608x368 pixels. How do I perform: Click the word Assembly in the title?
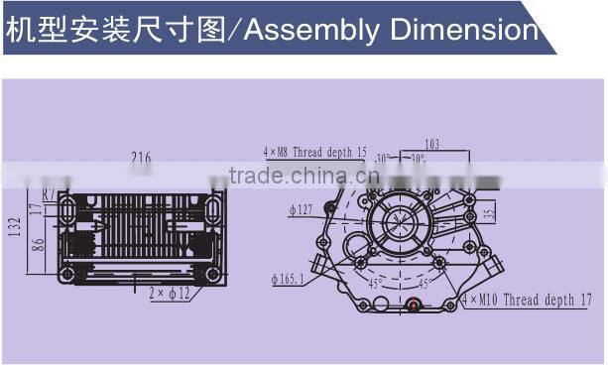(309, 30)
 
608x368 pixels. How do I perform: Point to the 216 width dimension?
(140, 157)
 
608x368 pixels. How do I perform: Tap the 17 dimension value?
(37, 209)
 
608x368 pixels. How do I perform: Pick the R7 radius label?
(49, 192)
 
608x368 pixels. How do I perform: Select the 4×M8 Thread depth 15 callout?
(315, 152)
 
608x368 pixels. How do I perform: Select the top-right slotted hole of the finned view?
(212, 207)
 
